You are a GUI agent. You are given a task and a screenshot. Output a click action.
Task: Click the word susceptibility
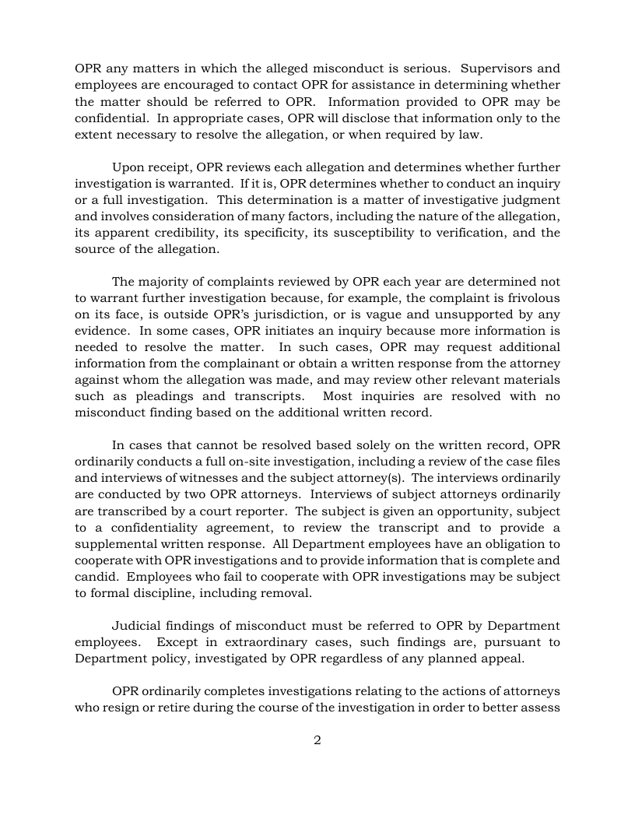point(354,233)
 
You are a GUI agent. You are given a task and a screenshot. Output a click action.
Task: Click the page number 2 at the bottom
point(317,740)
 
